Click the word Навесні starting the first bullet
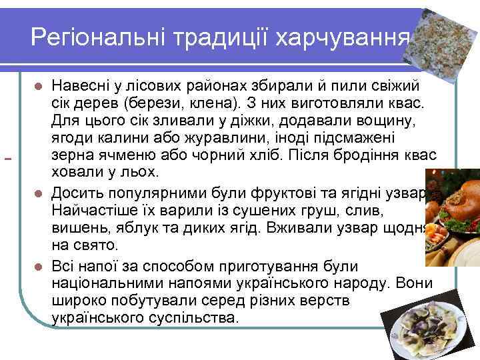[83, 87]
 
